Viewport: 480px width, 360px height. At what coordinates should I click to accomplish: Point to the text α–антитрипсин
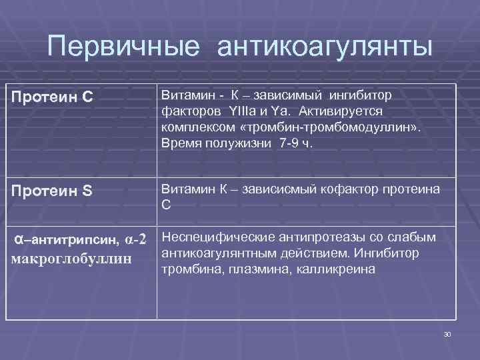point(67,239)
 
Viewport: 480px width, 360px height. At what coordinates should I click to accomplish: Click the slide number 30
point(447,333)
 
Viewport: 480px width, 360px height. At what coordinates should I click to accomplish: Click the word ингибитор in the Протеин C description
point(365,94)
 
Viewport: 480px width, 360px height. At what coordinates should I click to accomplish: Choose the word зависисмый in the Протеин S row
point(272,190)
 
